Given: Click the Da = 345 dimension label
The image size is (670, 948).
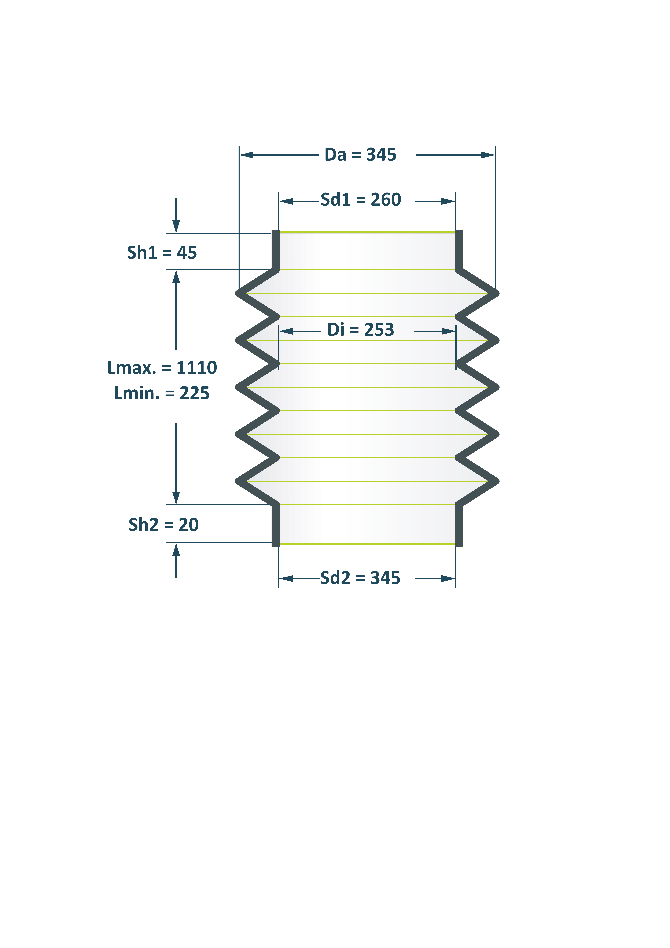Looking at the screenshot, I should pos(360,155).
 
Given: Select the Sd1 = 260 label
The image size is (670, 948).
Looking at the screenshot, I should pos(360,200).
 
